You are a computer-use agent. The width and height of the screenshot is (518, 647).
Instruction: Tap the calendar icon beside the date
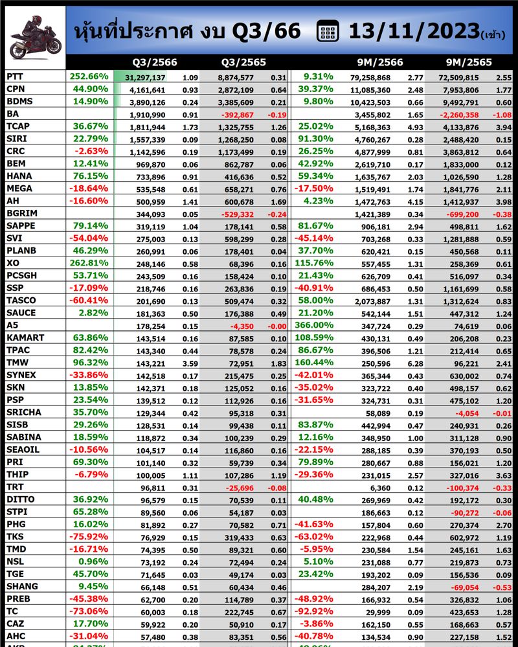[x=328, y=31]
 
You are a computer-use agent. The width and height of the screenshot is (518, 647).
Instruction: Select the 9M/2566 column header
[x=380, y=63]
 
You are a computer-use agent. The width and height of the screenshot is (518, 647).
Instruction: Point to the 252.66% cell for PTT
[x=89, y=76]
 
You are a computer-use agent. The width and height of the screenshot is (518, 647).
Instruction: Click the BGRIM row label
[x=21, y=212]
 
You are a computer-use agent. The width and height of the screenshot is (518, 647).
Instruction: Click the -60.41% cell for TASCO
[x=89, y=300]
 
